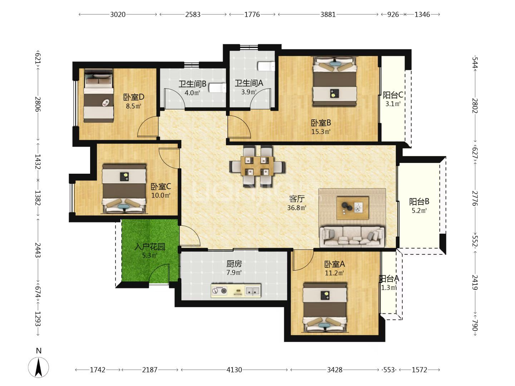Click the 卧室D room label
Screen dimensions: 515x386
133,97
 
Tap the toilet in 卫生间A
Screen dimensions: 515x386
266,66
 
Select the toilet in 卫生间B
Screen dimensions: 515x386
217,88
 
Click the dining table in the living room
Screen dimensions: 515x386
257,166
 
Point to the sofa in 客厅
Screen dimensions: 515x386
352,237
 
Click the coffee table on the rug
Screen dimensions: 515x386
353,208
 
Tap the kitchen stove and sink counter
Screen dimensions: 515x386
236,291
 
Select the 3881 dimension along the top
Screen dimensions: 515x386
328,15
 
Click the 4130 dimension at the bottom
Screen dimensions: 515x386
234,370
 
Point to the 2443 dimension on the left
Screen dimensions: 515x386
38,250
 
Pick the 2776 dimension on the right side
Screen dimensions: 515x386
475,198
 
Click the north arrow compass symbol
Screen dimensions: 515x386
39,368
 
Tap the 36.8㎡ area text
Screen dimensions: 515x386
296,208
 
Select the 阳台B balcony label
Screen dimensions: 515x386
419,201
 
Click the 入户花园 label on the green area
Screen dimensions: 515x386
150,247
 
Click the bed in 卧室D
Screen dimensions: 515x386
99,96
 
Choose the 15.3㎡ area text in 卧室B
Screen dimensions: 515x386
321,132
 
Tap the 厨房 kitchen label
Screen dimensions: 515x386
234,264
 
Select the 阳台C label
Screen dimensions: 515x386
393,95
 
